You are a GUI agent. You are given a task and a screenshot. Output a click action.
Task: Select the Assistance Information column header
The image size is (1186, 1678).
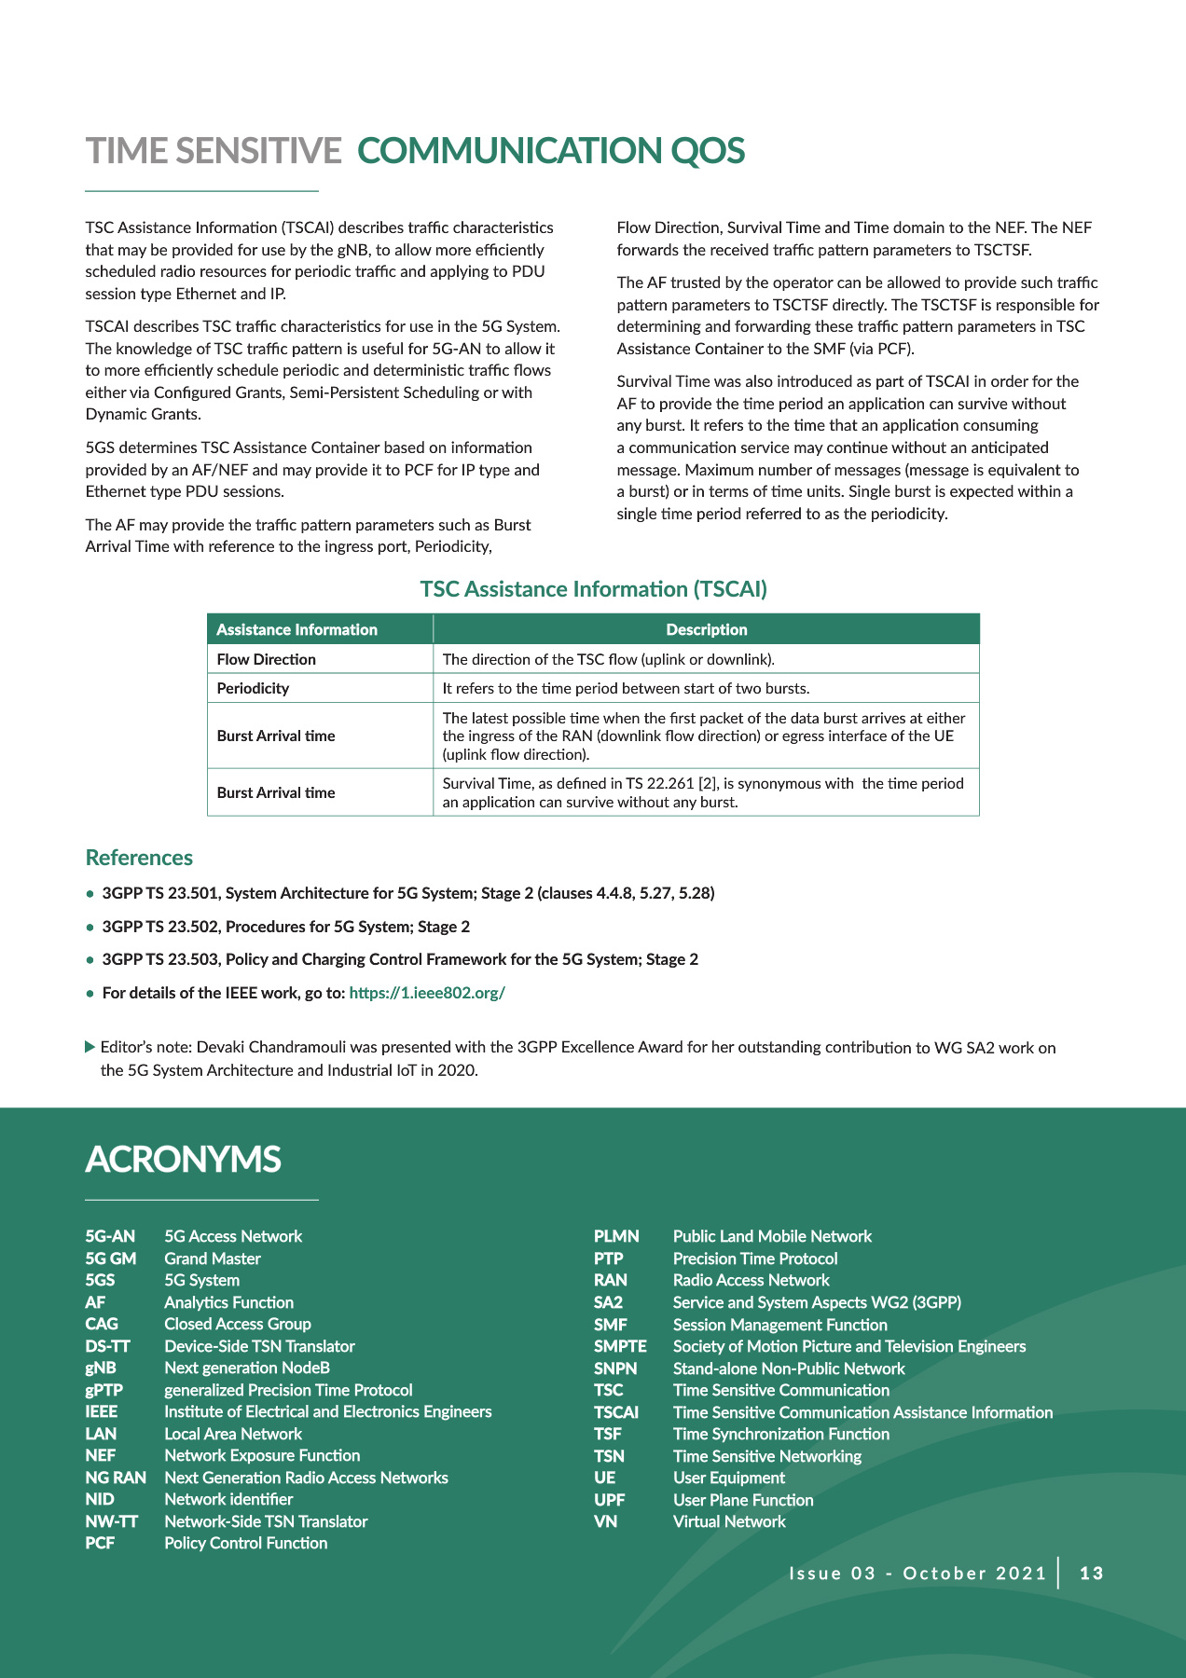point(296,629)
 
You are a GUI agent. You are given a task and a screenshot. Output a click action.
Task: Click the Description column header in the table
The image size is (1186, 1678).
point(706,629)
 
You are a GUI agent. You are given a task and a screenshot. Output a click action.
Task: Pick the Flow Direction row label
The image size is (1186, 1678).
point(266,659)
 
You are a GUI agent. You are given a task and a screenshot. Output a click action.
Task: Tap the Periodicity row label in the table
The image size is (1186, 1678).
point(253,688)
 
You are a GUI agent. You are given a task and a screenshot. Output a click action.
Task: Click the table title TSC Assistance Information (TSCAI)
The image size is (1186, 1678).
point(593,589)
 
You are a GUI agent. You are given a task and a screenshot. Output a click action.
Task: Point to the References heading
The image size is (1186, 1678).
point(139,858)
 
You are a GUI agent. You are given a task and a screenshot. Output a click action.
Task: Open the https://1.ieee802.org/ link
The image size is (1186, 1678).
point(426,993)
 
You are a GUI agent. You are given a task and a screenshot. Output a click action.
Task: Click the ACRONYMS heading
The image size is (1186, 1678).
point(183,1160)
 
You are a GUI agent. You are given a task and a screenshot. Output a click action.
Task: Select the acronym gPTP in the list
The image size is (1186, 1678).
point(103,1390)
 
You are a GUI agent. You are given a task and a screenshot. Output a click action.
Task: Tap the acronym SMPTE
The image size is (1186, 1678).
point(620,1346)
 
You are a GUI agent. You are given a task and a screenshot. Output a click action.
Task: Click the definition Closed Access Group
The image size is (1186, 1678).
point(237,1324)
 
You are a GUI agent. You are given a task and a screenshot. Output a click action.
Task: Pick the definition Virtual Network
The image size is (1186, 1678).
point(729,1521)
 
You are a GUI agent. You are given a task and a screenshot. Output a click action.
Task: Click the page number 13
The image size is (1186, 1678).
point(1091,1574)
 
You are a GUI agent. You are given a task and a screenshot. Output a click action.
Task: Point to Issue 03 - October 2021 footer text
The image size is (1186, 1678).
point(917,1574)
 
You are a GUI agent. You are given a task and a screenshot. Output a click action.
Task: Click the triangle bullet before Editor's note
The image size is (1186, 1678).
point(90,1047)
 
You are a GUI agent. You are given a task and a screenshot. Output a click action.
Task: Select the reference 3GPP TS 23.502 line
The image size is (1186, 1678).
point(285,927)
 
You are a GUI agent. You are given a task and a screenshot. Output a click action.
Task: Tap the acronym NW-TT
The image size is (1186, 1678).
point(111,1521)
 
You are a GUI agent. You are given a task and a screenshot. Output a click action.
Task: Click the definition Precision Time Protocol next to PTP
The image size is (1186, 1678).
point(755,1258)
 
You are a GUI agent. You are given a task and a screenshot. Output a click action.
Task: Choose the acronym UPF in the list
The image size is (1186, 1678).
point(609,1500)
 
